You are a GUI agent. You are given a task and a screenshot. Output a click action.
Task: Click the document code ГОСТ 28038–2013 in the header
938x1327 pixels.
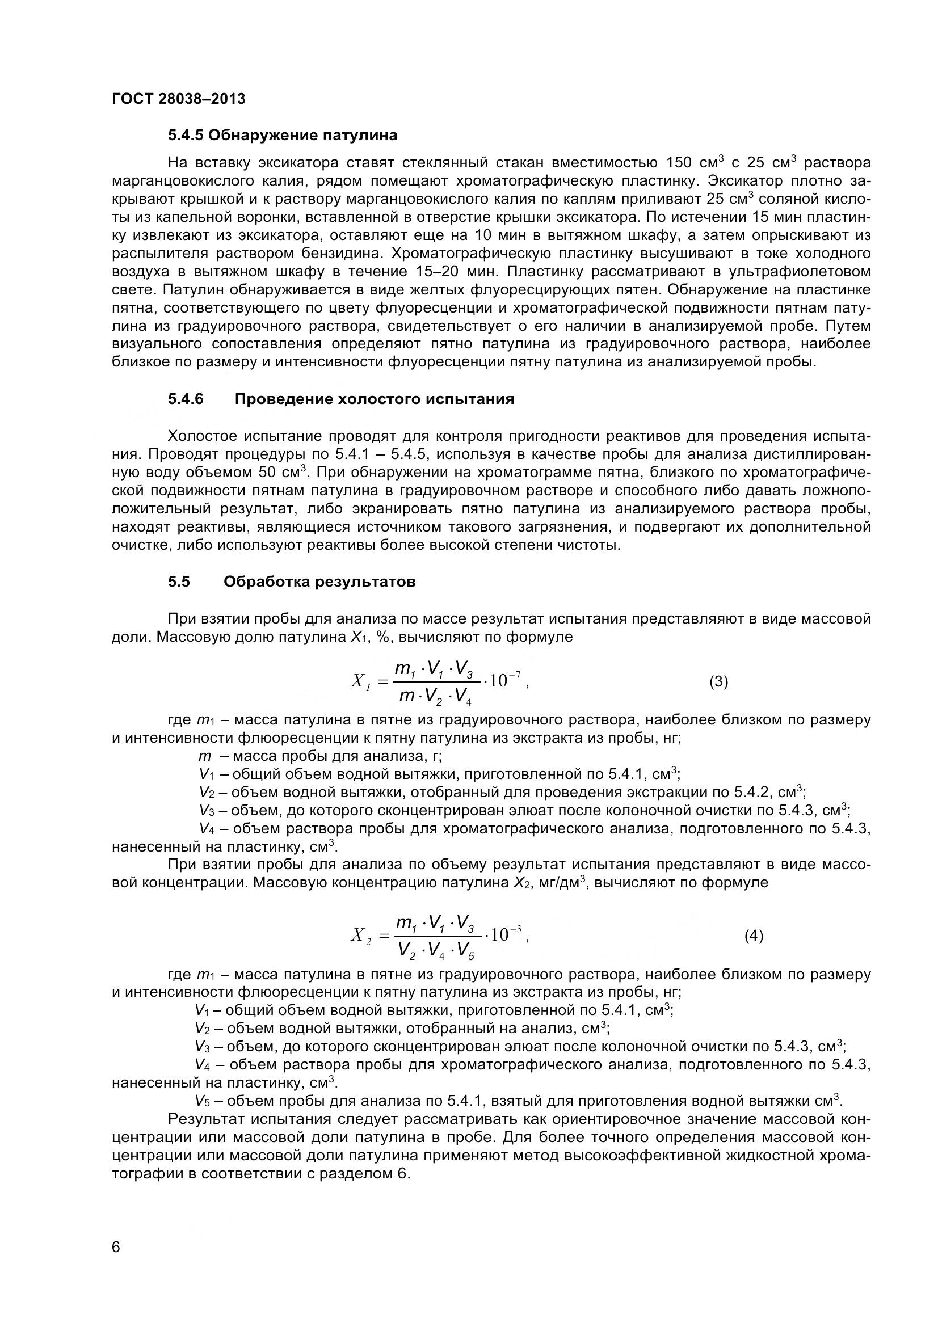178,99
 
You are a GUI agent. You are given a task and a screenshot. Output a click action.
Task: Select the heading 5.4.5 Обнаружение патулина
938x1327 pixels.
282,135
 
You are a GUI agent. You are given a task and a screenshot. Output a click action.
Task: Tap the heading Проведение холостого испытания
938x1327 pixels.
374,399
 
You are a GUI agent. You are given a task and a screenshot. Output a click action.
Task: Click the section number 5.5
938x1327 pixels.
179,582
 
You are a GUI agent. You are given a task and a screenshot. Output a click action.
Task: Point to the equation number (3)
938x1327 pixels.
718,682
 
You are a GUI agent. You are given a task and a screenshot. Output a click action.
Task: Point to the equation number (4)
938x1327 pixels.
754,936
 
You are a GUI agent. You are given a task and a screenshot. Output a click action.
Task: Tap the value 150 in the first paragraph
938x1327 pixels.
678,162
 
